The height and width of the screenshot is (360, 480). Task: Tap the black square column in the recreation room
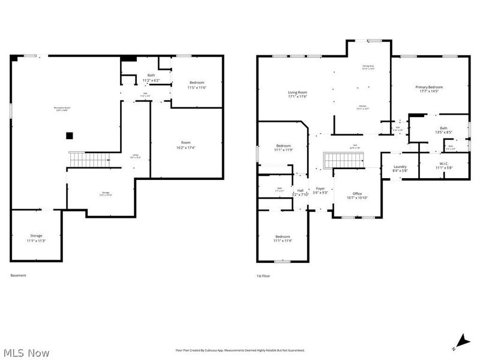click(70, 136)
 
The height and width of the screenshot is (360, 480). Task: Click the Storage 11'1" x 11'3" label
click(36, 238)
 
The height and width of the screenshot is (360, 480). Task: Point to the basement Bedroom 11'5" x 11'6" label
click(197, 85)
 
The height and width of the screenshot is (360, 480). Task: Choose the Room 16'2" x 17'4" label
click(186, 145)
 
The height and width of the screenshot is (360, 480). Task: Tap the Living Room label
click(298, 94)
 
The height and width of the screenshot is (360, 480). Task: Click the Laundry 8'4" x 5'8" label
click(400, 169)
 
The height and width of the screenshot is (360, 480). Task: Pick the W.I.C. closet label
click(444, 166)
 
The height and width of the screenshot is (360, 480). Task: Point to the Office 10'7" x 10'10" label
click(357, 196)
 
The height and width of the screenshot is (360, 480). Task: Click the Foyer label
click(321, 190)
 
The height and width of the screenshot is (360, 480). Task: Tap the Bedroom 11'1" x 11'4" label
click(283, 239)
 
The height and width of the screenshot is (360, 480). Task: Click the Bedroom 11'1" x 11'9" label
click(284, 148)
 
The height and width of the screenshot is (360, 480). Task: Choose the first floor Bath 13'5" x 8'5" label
click(443, 130)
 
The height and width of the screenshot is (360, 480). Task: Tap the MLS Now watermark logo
click(25, 353)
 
